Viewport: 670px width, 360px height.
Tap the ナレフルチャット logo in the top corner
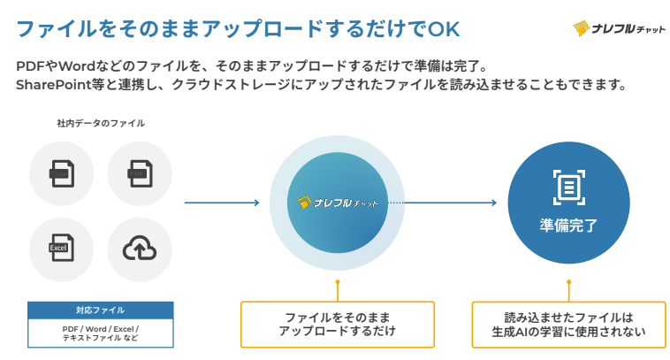pos(620,28)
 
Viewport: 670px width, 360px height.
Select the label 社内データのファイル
pos(101,123)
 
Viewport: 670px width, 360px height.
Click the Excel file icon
pos(61,249)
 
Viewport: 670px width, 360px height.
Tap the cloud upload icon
pos(140,249)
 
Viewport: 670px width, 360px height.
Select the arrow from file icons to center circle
pos(221,203)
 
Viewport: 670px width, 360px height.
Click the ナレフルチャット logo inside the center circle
pos(339,203)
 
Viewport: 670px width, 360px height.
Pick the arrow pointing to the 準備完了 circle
pos(451,203)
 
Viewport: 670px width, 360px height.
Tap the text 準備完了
pos(568,226)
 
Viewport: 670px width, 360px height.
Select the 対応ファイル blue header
pos(100,310)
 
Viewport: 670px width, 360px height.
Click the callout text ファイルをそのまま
pos(337,317)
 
